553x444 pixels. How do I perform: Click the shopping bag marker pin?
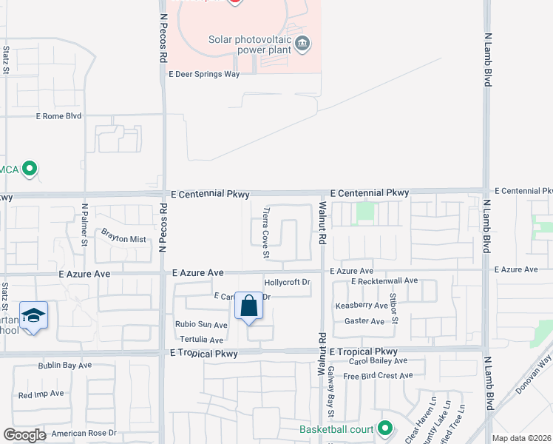(249, 306)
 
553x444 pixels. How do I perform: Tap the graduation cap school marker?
(33, 317)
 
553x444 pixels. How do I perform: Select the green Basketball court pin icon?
(384, 428)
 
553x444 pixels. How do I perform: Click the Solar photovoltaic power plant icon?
(302, 44)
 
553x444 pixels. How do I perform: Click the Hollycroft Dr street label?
(287, 283)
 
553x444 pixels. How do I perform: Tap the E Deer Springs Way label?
(204, 74)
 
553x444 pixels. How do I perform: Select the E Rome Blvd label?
(58, 116)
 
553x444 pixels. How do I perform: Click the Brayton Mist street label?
(123, 239)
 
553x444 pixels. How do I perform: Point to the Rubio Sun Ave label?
(201, 325)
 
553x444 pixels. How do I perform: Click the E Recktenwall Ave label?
(384, 281)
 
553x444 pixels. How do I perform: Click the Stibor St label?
(394, 309)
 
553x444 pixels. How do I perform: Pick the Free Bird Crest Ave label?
(377, 376)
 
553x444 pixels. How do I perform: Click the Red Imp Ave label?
(41, 395)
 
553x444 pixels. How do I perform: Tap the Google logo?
(24, 435)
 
